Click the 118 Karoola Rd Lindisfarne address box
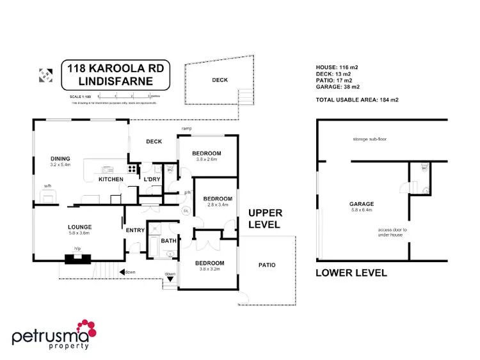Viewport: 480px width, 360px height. coord(115,75)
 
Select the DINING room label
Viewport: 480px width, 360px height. coord(60,159)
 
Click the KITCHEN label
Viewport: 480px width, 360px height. coord(111,179)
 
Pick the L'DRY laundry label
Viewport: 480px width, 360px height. coord(152,179)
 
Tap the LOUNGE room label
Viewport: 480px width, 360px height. coord(81,226)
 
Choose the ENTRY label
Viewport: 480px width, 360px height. coord(136,230)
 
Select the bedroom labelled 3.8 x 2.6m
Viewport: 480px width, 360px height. coord(207,153)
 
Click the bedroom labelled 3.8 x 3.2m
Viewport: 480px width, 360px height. coord(210,263)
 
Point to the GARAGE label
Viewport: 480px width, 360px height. coord(362,204)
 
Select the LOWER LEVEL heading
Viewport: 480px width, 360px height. coord(351,272)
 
